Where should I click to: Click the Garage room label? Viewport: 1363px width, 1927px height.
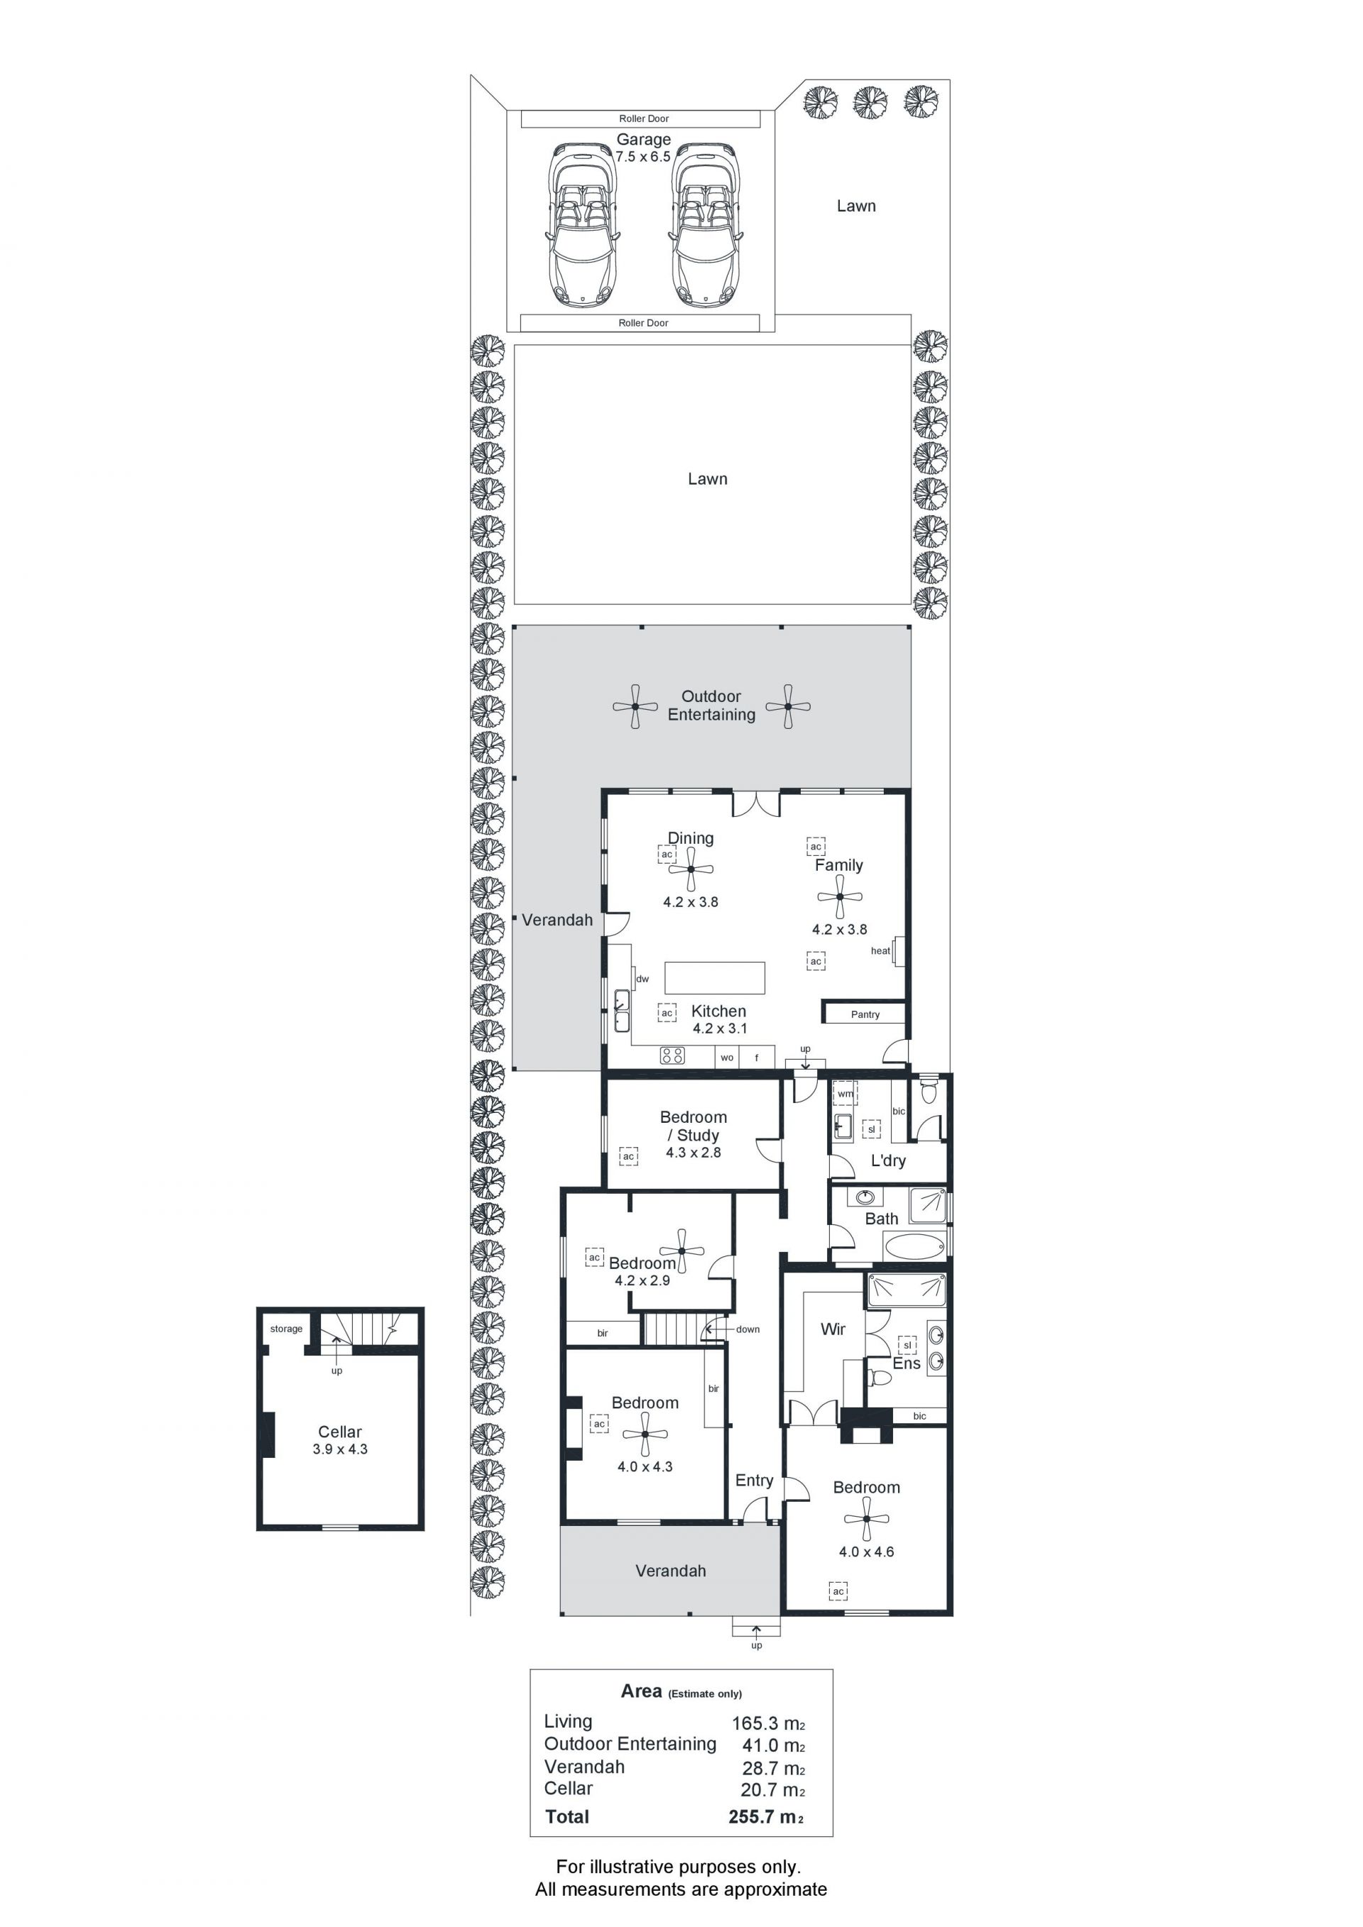tap(644, 139)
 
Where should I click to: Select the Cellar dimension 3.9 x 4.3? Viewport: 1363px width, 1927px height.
tap(340, 1449)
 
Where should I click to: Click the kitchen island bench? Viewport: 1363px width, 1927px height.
tap(714, 978)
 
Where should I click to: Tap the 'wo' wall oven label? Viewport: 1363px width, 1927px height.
tap(727, 1058)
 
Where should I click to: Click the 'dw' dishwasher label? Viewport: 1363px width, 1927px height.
tap(642, 979)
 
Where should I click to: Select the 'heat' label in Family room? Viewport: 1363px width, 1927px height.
tap(880, 951)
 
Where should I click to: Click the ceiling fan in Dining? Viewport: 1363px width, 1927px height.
tap(691, 869)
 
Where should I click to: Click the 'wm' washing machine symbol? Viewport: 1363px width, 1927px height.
tap(845, 1094)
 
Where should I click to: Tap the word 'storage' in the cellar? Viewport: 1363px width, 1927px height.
tap(286, 1329)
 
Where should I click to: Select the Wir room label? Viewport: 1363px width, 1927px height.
tap(833, 1329)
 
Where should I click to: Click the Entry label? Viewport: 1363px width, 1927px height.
tap(754, 1481)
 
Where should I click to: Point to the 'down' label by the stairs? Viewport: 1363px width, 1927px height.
tap(748, 1329)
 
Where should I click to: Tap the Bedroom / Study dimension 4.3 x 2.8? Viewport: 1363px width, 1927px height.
tap(694, 1153)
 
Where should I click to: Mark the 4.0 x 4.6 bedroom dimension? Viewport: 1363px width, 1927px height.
tap(866, 1552)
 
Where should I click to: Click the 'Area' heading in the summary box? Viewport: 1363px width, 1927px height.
tap(641, 1691)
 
